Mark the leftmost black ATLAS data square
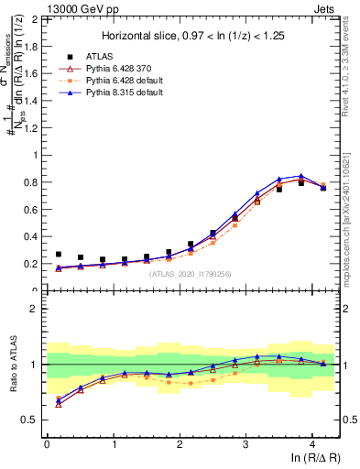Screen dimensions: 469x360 [x=59, y=255]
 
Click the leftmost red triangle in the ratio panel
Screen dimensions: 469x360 [x=59, y=403]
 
